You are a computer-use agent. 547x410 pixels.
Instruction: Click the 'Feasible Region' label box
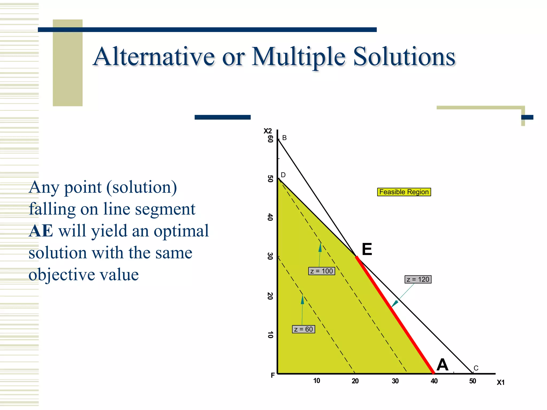point(404,192)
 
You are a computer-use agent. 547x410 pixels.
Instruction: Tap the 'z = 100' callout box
point(322,271)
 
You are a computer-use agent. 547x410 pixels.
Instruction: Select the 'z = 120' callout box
point(418,279)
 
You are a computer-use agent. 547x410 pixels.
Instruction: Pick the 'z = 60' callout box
point(303,329)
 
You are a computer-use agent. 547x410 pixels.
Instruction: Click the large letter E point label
point(367,249)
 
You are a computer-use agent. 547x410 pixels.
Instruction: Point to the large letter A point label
point(442,365)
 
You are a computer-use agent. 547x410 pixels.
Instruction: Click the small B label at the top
point(284,138)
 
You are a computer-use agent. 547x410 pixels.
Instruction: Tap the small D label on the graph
point(283,175)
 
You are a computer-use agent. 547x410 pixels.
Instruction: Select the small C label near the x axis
point(476,368)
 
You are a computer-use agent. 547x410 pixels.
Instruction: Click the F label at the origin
point(273,375)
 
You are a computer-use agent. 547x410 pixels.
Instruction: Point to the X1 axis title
point(501,383)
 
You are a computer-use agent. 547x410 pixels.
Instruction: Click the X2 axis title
point(268,131)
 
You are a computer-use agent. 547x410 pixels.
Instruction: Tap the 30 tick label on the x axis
point(395,381)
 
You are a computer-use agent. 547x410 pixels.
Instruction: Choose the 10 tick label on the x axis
point(317,381)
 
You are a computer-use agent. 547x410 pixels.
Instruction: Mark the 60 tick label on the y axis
point(270,139)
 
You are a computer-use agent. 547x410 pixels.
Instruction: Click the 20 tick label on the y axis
point(270,296)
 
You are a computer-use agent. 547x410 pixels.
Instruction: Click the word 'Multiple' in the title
point(299,57)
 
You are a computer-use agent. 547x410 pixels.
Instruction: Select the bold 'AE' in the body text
point(41,231)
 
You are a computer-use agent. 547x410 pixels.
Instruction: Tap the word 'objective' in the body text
point(60,275)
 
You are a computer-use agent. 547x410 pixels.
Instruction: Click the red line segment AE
point(395,315)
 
